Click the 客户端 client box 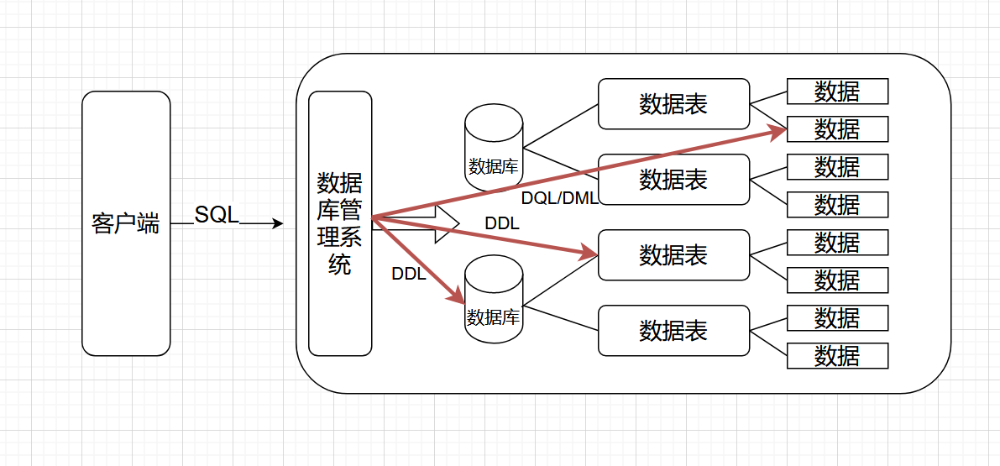(126, 223)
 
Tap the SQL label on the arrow (217, 214)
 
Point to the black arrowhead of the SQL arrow (278, 224)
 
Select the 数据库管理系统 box (340, 223)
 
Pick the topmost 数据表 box (673, 104)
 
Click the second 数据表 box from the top (673, 180)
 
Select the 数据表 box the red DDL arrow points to (673, 255)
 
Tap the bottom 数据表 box (673, 331)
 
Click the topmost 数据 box (837, 92)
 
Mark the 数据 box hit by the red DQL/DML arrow (837, 129)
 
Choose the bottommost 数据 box (837, 356)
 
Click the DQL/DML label (558, 199)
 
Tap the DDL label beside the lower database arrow (409, 275)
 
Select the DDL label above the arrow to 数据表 (502, 224)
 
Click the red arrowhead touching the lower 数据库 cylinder (458, 296)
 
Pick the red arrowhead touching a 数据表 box (589, 251)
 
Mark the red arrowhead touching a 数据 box (779, 132)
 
